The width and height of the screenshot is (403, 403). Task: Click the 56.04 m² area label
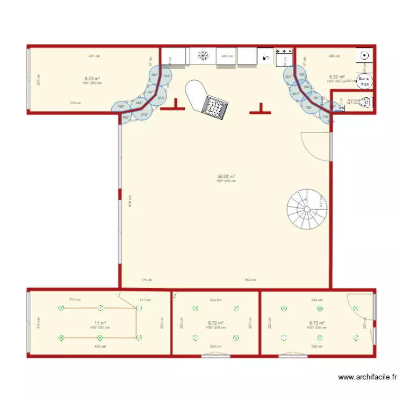coord(226,176)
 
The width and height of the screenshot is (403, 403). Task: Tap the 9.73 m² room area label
coord(92,78)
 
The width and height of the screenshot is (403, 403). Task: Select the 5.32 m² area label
coord(337,77)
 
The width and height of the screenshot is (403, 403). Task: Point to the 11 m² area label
coord(100,323)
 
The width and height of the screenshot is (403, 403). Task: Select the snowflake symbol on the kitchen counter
coord(203,55)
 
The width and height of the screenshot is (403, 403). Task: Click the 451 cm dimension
coord(94,56)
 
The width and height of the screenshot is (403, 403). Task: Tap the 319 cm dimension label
coord(75,103)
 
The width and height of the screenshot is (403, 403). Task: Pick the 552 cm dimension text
coord(250,279)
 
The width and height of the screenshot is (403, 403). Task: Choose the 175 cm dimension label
coord(146,279)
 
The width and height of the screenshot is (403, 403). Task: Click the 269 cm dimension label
coord(334,56)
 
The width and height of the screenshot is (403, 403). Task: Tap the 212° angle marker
coord(145,114)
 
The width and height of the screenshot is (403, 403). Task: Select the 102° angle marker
coord(125,117)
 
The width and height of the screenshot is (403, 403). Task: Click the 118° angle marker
coord(325,117)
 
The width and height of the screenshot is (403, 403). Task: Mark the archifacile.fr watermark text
coord(368,377)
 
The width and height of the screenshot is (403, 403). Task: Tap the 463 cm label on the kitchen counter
coord(227,56)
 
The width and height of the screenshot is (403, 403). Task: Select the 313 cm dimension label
coord(75,299)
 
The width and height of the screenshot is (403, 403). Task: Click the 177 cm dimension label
coord(145,300)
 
